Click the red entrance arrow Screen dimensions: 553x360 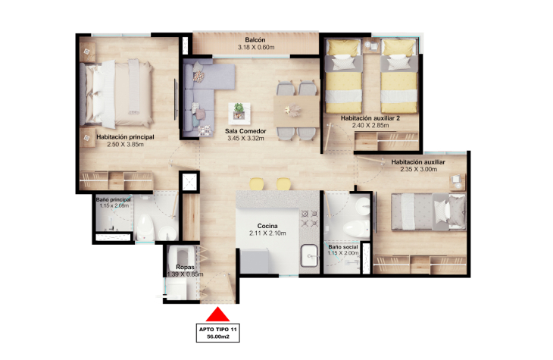(217, 314)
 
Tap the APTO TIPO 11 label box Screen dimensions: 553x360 (218, 333)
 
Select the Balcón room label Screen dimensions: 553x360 (255, 40)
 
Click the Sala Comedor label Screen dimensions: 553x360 (245, 131)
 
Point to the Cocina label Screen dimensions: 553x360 (267, 226)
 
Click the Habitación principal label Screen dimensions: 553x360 (125, 137)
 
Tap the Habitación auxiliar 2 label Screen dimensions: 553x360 (370, 118)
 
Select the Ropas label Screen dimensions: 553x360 (185, 268)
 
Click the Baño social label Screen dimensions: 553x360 (343, 247)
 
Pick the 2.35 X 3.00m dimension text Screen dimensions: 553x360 (419, 170)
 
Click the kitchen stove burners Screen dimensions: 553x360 (309, 218)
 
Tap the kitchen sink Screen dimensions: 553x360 (309, 255)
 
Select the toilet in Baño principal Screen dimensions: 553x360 (145, 227)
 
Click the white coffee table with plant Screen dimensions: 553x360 (239, 113)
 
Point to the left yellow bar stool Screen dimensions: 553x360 (256, 184)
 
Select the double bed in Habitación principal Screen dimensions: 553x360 (117, 94)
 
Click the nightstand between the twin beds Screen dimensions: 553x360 (371, 46)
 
